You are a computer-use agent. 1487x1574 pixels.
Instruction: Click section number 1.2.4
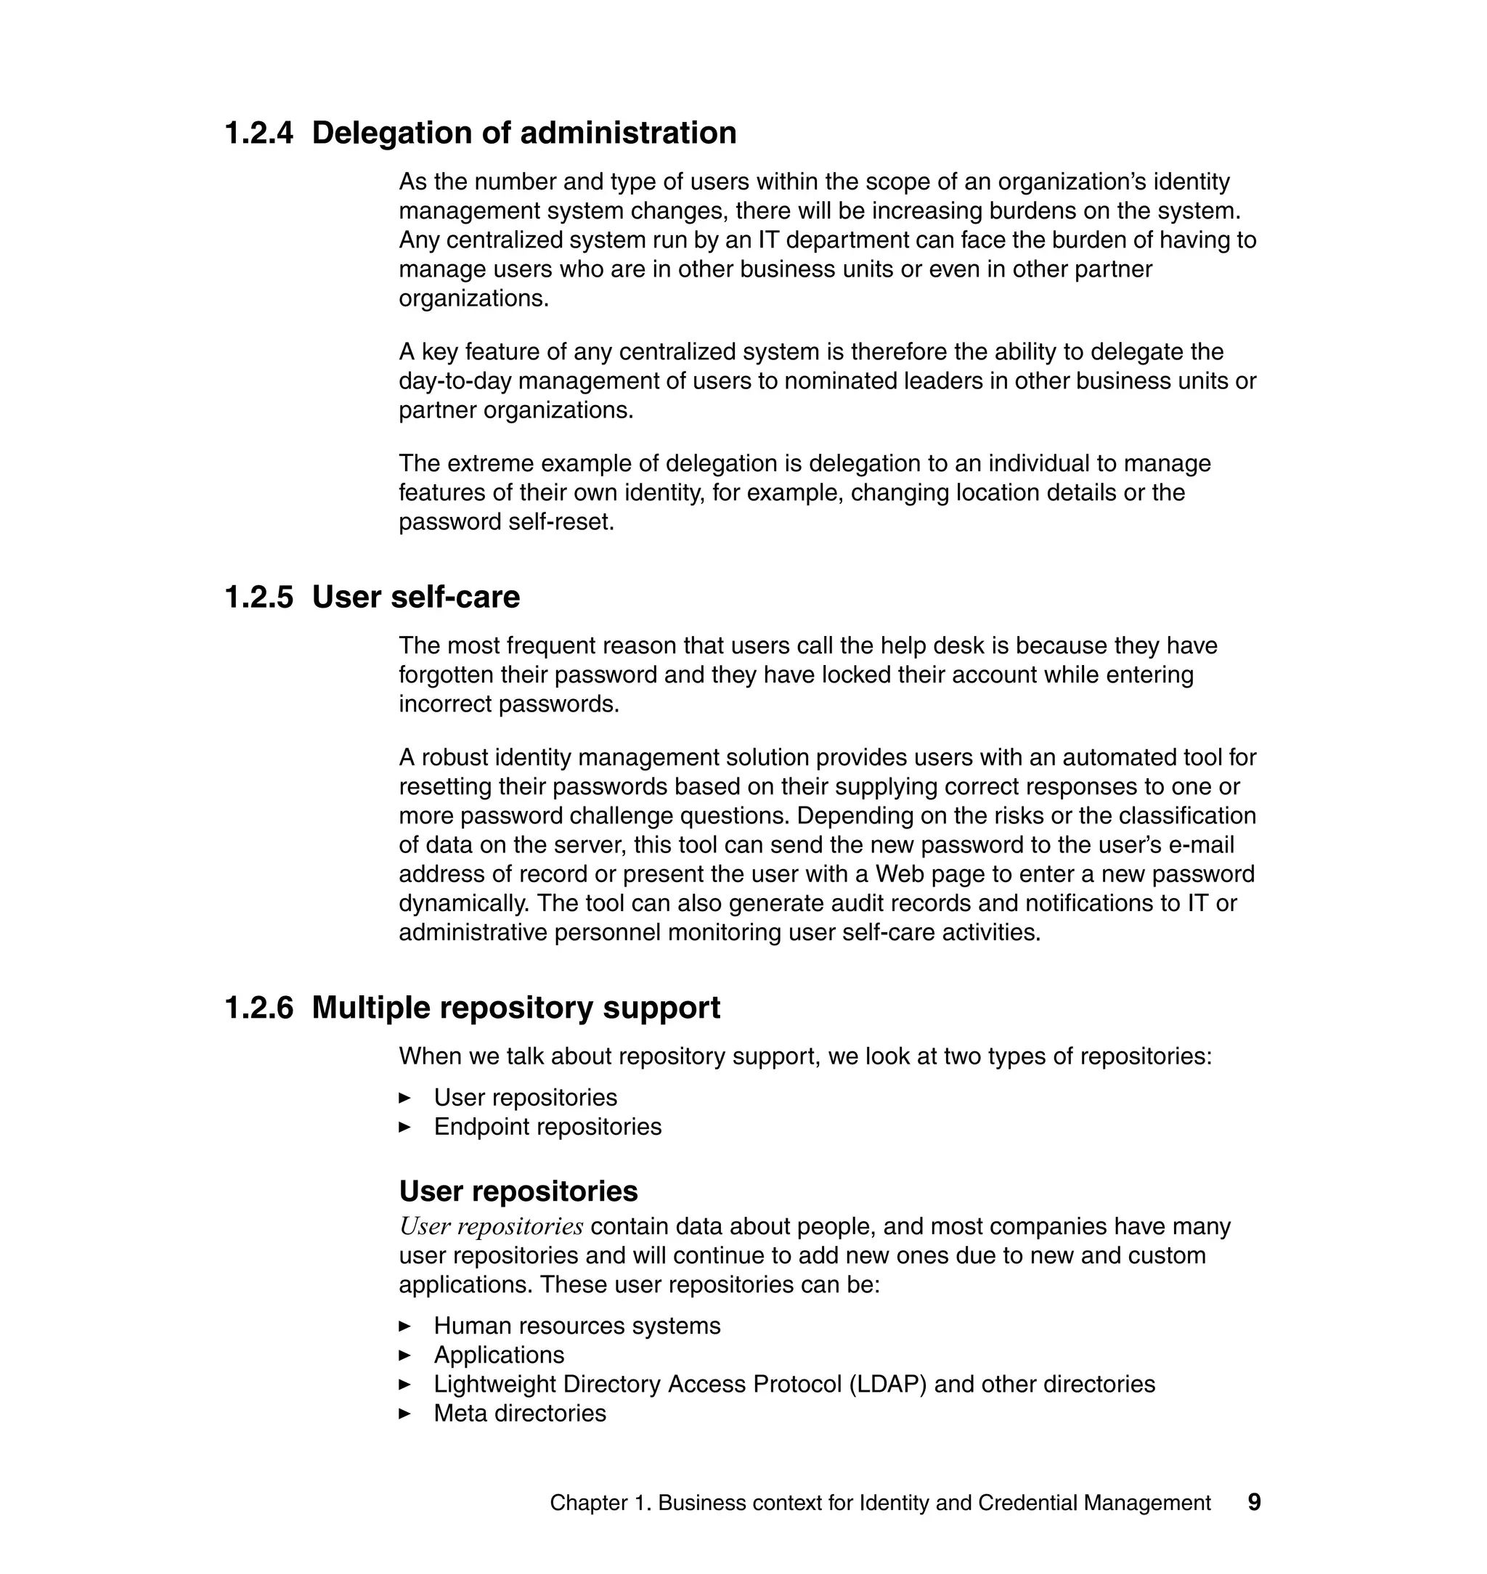258,133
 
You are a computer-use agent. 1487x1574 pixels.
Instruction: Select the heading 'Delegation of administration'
524,133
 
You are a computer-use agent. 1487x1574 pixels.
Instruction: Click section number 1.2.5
258,598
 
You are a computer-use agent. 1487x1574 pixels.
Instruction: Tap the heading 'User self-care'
415,598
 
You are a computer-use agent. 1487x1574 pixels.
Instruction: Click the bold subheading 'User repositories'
518,1191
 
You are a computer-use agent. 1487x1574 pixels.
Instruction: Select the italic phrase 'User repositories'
491,1227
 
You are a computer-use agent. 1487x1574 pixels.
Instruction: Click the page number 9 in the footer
1254,1503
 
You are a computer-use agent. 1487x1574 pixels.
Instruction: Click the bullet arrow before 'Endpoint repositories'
405,1127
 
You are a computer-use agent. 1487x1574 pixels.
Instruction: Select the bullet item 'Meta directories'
519,1413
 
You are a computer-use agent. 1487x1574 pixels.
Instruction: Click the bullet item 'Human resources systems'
577,1326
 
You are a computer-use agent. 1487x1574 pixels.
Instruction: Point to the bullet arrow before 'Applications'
405,1355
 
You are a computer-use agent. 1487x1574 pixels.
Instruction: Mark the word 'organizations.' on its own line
473,299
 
